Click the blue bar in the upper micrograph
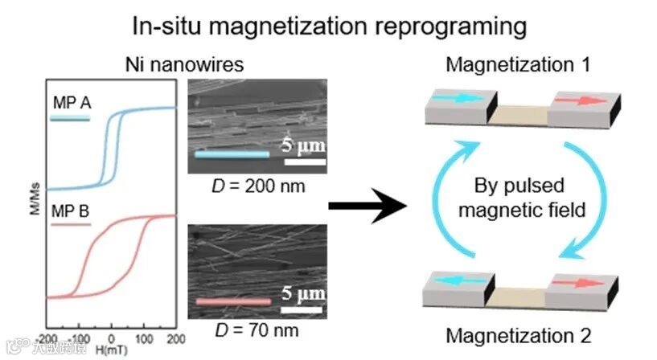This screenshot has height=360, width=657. pyautogui.click(x=232, y=153)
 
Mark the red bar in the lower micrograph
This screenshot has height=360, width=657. pyautogui.click(x=232, y=301)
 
